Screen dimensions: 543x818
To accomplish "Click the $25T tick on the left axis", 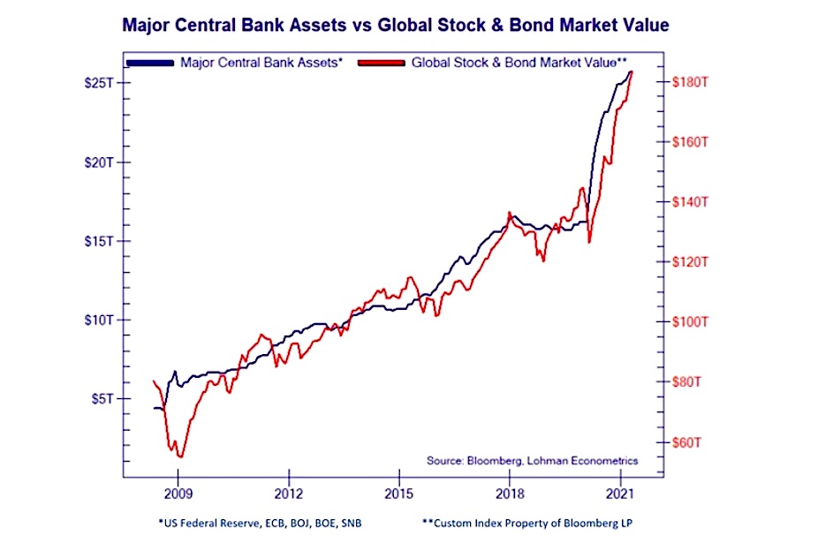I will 98,83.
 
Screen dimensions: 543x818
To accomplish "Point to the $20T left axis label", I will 98,162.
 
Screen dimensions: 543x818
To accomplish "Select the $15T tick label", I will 98,241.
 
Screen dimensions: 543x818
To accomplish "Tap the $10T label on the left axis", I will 98,320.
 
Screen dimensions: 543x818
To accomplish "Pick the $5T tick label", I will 101,398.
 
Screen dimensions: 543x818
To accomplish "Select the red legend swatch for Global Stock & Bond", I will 382,64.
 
